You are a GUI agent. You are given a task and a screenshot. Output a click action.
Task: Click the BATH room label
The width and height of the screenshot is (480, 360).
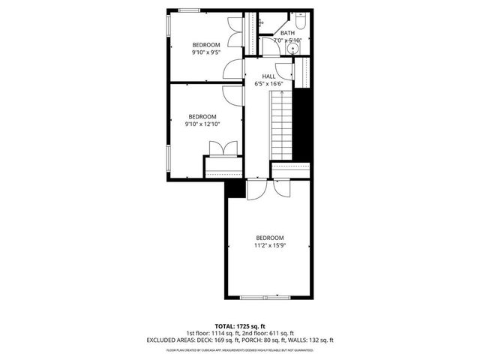(287, 33)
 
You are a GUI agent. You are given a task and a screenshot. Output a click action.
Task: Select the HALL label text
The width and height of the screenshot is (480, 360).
(268, 76)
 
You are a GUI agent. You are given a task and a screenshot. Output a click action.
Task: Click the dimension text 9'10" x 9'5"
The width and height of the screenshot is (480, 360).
(205, 53)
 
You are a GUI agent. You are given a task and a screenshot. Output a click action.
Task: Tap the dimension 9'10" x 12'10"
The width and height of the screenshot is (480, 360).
(202, 124)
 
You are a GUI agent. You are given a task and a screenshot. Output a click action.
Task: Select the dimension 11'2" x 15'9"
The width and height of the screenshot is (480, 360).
(270, 245)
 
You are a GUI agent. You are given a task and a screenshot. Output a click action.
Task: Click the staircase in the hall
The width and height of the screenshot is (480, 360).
(280, 124)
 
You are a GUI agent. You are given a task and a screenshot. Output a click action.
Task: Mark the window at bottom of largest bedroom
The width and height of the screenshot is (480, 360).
(266, 298)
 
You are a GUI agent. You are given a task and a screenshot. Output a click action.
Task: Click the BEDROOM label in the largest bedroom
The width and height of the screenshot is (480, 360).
(270, 238)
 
